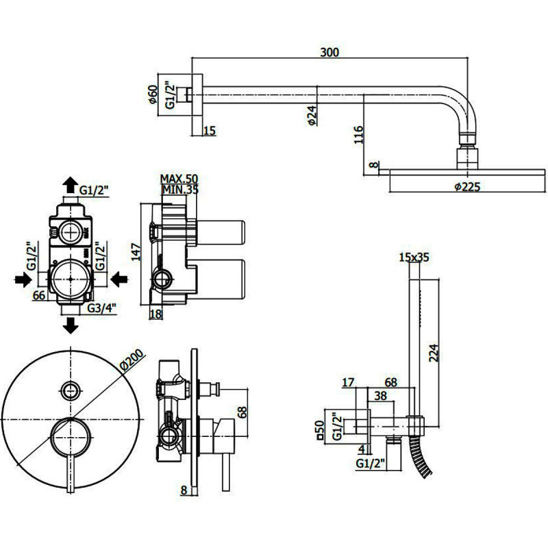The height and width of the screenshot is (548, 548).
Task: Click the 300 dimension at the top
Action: click(329, 52)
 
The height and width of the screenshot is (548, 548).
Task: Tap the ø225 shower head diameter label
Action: click(467, 186)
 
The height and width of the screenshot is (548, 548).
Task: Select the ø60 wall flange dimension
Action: click(153, 95)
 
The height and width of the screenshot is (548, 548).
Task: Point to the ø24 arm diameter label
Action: click(312, 115)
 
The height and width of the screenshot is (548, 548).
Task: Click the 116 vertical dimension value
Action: click(358, 134)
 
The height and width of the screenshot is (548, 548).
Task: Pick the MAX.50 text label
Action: click(179, 179)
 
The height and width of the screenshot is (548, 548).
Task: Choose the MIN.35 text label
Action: click(179, 190)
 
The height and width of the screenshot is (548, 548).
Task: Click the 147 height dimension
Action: click(136, 251)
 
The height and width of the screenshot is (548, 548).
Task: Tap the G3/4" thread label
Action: click(101, 308)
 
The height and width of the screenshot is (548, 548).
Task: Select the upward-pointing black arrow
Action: click(71, 184)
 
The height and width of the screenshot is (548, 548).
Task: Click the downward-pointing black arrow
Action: click(71, 325)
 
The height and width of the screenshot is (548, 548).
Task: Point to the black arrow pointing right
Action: click(23, 279)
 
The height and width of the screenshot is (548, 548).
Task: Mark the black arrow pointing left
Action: click(119, 279)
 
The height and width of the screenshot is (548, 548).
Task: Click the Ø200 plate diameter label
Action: click(132, 360)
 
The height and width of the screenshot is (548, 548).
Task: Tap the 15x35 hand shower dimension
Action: click(414, 258)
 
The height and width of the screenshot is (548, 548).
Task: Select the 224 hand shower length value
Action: click(434, 353)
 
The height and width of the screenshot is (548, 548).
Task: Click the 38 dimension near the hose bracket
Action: click(380, 396)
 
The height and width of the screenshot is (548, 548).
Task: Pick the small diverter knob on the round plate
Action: click(71, 390)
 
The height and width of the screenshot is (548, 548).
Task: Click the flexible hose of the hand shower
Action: click(421, 456)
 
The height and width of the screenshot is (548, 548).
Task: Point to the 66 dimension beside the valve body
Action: click(39, 295)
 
